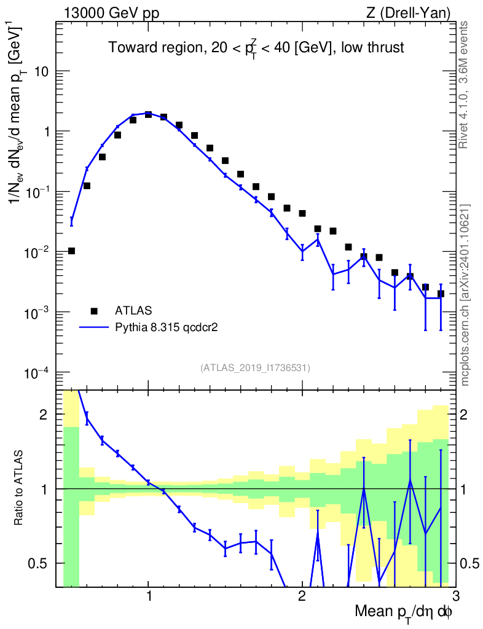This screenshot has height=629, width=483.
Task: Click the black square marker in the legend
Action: tap(95, 311)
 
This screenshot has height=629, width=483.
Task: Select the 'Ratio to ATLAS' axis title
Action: tap(20, 488)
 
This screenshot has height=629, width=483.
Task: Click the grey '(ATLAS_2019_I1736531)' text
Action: tap(255, 368)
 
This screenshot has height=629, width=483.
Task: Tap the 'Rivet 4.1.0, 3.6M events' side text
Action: tap(465, 84)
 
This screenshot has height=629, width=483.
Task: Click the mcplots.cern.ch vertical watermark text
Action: tap(465, 295)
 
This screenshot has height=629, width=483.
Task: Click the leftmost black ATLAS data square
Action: tap(71, 251)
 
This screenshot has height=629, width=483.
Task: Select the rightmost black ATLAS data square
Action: tap(441, 294)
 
